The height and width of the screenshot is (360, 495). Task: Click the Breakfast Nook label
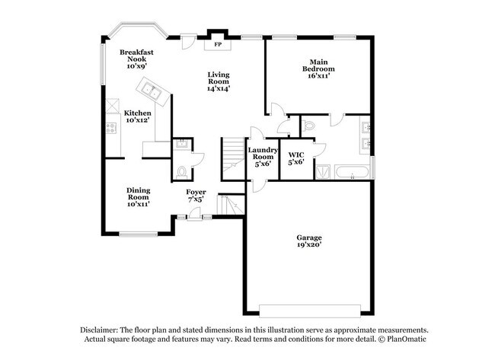[137, 59]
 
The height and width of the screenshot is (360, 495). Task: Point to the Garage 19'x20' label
[308, 241]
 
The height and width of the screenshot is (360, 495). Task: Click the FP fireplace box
[217, 43]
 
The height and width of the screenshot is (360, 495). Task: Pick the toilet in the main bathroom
[308, 126]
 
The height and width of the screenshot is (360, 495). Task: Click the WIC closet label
[295, 158]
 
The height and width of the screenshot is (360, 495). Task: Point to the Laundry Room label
[263, 157]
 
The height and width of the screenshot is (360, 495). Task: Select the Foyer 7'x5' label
[196, 196]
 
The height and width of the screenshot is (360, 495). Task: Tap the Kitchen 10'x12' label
[138, 116]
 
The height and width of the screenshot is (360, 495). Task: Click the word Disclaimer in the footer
[103, 330]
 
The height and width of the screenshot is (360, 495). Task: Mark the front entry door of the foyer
[195, 218]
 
